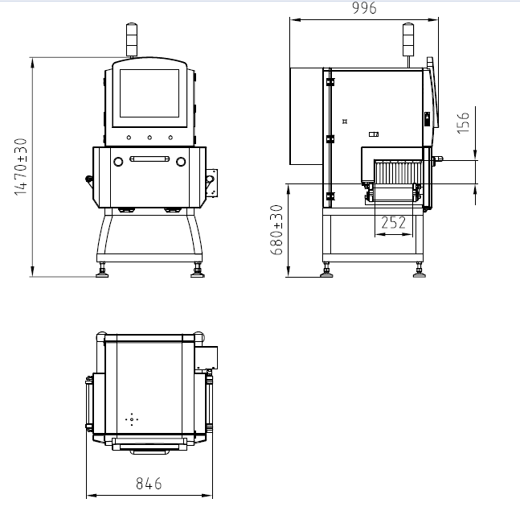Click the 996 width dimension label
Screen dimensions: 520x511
coord(364,8)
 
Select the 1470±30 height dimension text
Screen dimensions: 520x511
coord(21,167)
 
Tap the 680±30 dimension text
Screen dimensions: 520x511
coord(276,230)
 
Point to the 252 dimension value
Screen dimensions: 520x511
coord(393,222)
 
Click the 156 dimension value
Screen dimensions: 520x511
coord(463,123)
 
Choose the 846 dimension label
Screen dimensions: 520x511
coord(149,484)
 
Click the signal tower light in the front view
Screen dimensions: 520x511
coord(132,39)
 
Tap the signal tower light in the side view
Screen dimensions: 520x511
coord(408,39)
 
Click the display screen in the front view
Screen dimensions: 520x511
coord(149,93)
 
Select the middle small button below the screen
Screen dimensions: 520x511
coord(149,138)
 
